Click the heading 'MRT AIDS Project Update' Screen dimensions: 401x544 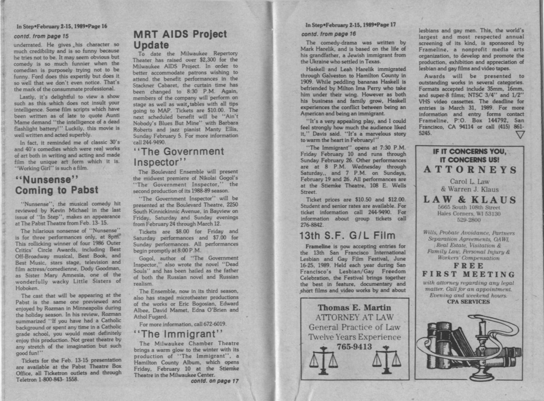(x=180, y=40)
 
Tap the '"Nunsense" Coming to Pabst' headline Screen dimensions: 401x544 (x=56, y=185)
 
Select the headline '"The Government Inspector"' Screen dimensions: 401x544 (x=179, y=156)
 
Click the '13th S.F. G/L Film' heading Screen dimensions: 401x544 (x=347, y=236)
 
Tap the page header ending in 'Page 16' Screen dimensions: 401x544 (x=62, y=26)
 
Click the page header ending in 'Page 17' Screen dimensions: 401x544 (x=350, y=25)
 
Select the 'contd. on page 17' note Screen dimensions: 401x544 (x=214, y=381)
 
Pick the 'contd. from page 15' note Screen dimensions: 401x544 (x=41, y=36)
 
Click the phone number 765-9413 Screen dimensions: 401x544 (x=354, y=347)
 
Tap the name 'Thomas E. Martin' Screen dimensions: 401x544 (x=354, y=308)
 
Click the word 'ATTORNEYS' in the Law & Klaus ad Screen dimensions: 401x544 (x=470, y=170)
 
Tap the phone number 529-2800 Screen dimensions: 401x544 (x=469, y=220)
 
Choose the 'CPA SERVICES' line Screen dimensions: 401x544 (x=468, y=302)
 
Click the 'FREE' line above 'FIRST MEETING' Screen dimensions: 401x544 (x=469, y=266)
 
